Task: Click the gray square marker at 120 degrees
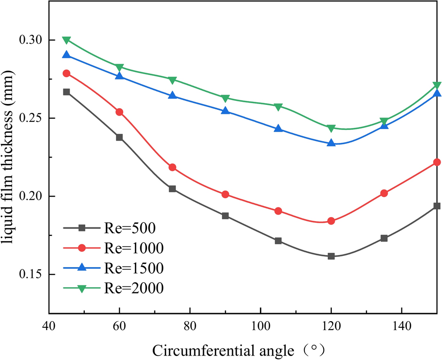pos(331,256)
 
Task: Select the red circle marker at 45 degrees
pos(67,73)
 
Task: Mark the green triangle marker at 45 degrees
pos(67,40)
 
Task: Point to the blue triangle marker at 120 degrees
pos(331,143)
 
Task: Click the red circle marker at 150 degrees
pos(437,162)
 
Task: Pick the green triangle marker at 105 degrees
pos(278,107)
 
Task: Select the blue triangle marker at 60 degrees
pos(119,76)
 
